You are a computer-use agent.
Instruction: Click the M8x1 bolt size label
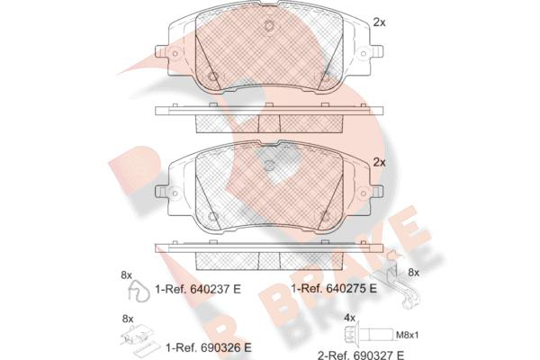click(x=408, y=335)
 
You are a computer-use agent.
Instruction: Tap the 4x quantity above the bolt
click(x=349, y=318)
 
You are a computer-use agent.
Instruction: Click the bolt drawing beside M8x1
click(x=368, y=334)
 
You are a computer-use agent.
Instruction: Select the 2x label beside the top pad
click(x=379, y=22)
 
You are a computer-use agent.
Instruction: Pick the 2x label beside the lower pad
click(x=379, y=162)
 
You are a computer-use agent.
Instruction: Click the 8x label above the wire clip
click(x=126, y=275)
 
